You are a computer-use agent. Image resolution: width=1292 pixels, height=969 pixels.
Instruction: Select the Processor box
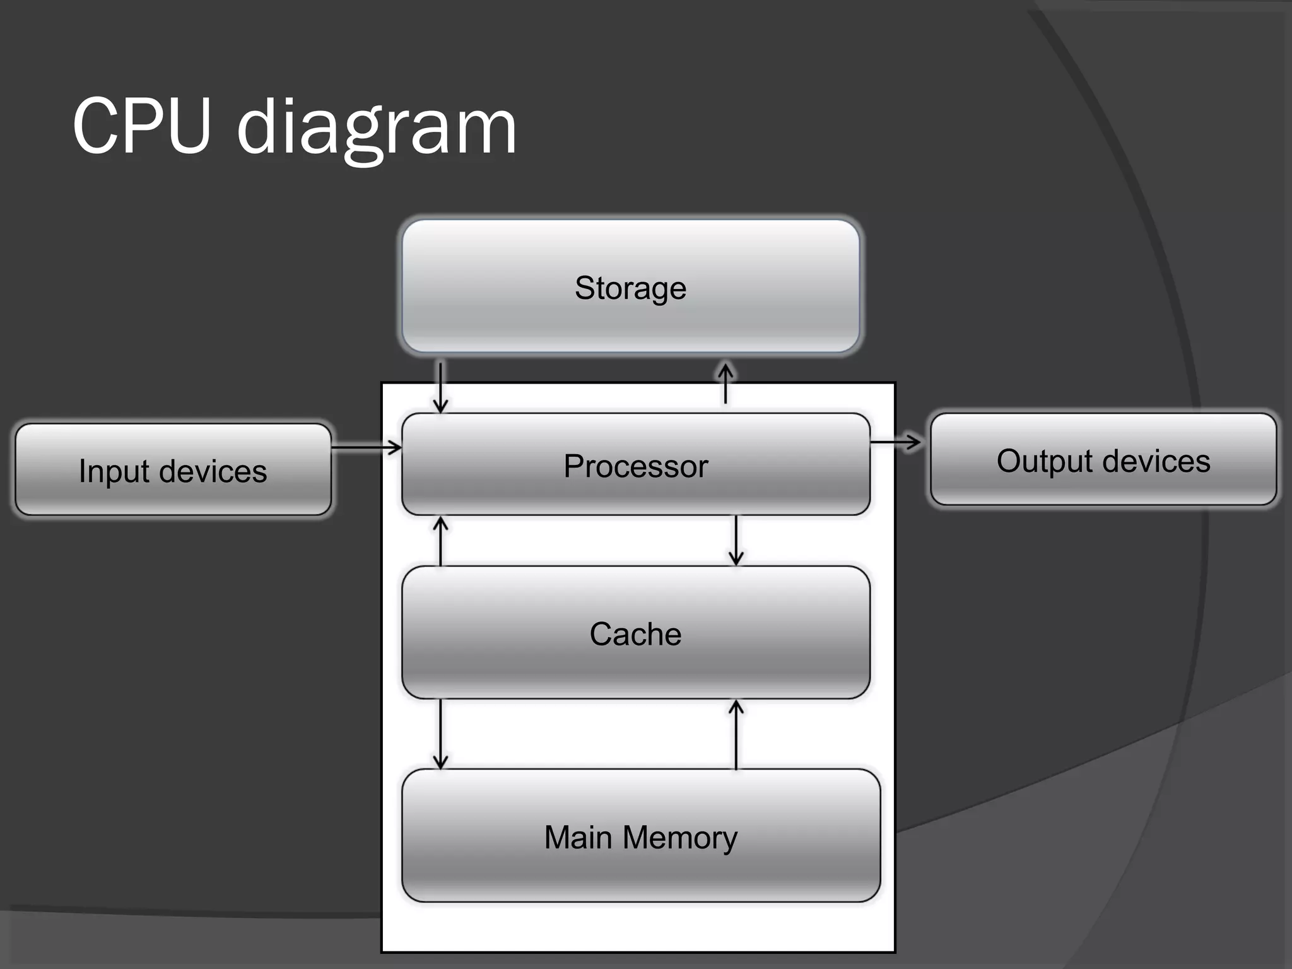tap(636, 464)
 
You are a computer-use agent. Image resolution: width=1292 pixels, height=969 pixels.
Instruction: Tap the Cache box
tap(636, 633)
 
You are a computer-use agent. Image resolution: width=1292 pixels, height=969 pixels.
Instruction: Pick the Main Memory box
tap(641, 836)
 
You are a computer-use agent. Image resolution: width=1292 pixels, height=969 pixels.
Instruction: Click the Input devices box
tap(173, 470)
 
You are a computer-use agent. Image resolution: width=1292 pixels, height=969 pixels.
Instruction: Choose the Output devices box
tap(1103, 459)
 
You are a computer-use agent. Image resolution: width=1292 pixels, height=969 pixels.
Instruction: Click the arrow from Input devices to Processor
tap(367, 448)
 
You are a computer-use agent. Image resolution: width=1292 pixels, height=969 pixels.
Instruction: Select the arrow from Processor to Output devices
tap(896, 442)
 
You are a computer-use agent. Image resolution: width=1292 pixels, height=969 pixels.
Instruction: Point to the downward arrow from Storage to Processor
tap(441, 386)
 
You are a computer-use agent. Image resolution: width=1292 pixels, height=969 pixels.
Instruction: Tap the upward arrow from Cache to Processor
tap(441, 541)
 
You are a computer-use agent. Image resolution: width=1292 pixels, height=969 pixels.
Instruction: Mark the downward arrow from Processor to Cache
tap(736, 540)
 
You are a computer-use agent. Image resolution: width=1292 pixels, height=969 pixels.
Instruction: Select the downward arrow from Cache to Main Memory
tap(440, 734)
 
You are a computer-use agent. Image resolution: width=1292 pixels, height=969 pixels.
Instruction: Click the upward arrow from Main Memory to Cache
tap(736, 735)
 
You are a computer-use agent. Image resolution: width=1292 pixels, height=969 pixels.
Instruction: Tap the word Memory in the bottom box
tap(679, 838)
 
